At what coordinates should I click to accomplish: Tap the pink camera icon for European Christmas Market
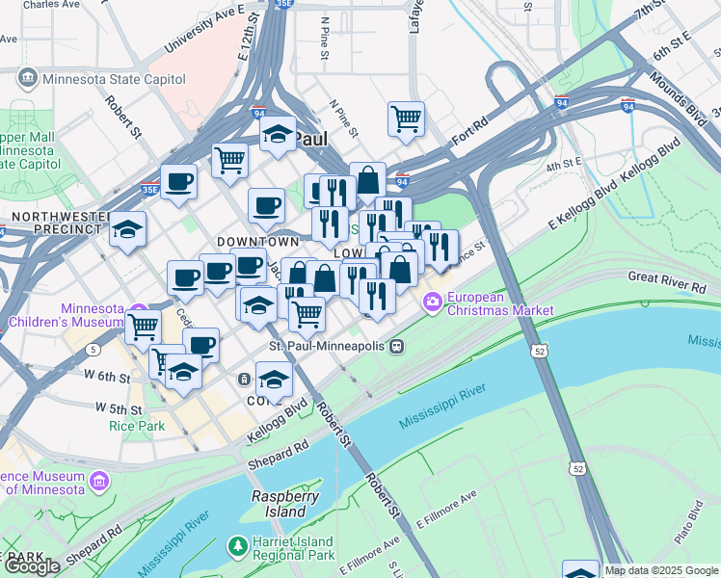(x=432, y=303)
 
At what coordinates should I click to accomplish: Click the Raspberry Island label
(x=285, y=504)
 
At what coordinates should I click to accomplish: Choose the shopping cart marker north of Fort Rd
(x=406, y=118)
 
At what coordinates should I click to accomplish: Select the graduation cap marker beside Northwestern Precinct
(x=127, y=230)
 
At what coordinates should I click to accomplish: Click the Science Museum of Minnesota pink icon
(x=98, y=480)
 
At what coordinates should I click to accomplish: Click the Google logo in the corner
(x=33, y=566)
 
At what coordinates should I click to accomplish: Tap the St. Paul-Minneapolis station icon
(x=395, y=346)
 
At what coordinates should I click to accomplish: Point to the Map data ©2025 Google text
(x=661, y=570)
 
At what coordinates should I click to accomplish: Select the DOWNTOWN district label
(x=257, y=241)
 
